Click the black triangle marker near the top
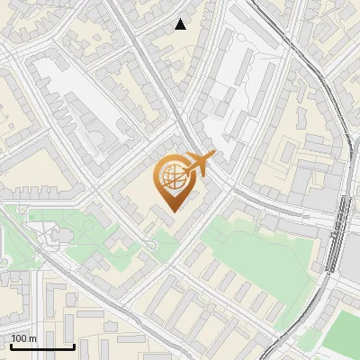click(x=181, y=24)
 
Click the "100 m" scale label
click(x=24, y=338)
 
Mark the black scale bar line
click(x=41, y=346)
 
